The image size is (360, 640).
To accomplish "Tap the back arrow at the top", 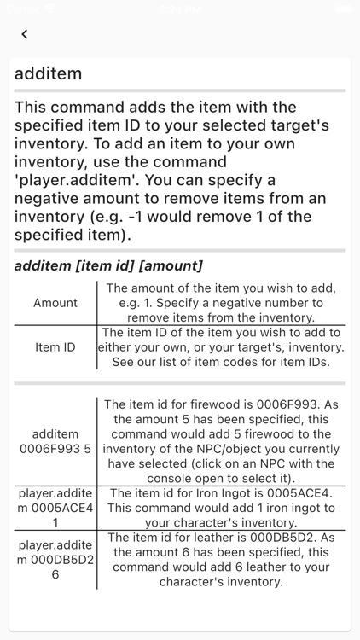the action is pos(25,34).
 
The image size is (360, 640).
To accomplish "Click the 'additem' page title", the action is pos(49,73).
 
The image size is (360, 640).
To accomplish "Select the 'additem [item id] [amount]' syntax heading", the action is pos(108,265).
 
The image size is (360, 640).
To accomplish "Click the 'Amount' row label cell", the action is pos(55,303).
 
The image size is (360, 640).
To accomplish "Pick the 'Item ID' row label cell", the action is pos(55,347).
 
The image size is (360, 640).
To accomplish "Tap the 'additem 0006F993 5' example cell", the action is pos(55,441).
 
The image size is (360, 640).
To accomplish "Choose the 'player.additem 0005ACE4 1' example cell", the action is pos(55,508).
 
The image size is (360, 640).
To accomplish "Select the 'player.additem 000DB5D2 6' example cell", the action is pos(55,559).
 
